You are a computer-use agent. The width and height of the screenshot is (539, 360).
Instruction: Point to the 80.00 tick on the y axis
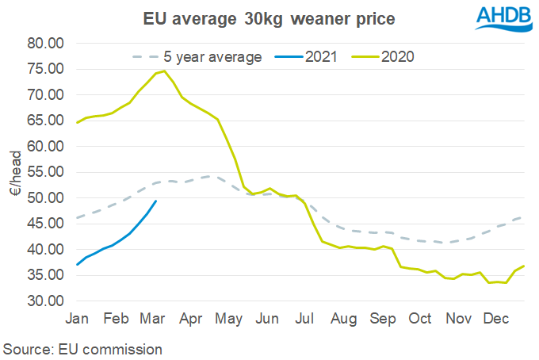point(44,44)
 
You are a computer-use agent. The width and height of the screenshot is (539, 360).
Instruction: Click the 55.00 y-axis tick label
point(44,173)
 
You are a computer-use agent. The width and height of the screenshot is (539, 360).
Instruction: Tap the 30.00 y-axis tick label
point(44,301)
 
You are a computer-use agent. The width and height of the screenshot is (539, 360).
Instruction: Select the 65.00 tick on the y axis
point(44,121)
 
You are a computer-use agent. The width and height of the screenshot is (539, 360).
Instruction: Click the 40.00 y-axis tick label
point(44,250)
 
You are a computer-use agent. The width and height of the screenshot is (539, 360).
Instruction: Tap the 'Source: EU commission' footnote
point(83,349)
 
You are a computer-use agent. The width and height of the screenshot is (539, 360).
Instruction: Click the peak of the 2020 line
point(164,71)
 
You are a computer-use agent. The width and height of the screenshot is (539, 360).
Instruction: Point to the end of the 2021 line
point(156,201)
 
